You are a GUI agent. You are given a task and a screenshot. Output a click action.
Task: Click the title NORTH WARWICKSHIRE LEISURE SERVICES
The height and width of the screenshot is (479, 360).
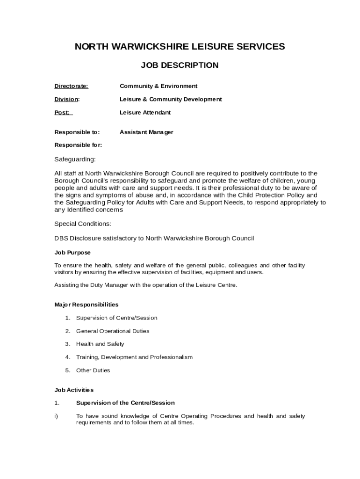[180, 46]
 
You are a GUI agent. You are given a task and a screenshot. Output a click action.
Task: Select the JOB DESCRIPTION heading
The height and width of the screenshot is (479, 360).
[180, 65]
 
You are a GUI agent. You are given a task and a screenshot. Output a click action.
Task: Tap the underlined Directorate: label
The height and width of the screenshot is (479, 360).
[71, 86]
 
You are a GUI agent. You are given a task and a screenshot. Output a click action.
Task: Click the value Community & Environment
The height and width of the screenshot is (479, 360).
[158, 86]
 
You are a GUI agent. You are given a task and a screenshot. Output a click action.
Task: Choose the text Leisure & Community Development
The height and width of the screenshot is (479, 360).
[171, 99]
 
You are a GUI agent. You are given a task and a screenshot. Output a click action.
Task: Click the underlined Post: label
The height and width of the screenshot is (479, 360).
[62, 113]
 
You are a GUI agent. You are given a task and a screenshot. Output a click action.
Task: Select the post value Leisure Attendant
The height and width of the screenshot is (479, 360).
[145, 113]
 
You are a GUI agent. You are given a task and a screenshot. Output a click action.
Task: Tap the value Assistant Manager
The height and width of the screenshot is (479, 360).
[146, 132]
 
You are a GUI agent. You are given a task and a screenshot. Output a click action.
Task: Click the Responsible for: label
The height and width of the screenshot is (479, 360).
[78, 145]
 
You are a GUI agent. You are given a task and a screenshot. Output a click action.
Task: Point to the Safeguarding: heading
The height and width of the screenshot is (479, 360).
[75, 160]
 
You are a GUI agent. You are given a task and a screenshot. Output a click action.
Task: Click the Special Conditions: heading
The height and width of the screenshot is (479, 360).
[83, 224]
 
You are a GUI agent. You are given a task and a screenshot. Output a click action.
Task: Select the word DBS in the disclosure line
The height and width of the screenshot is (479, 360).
[61, 239]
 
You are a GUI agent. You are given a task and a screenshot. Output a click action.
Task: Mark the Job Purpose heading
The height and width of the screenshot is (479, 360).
[72, 253]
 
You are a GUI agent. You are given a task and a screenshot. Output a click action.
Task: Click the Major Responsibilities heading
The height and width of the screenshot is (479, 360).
[86, 305]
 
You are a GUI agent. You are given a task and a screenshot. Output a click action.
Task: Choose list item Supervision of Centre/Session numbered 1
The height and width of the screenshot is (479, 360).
[116, 318]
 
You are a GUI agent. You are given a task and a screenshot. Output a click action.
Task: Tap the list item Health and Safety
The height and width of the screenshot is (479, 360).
[100, 344]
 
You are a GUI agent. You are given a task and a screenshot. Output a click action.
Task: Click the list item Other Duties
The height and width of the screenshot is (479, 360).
[93, 370]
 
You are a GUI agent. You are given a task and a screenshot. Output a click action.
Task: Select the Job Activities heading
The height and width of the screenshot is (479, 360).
[74, 390]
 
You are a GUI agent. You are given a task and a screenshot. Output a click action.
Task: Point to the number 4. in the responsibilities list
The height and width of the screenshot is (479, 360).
[68, 357]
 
